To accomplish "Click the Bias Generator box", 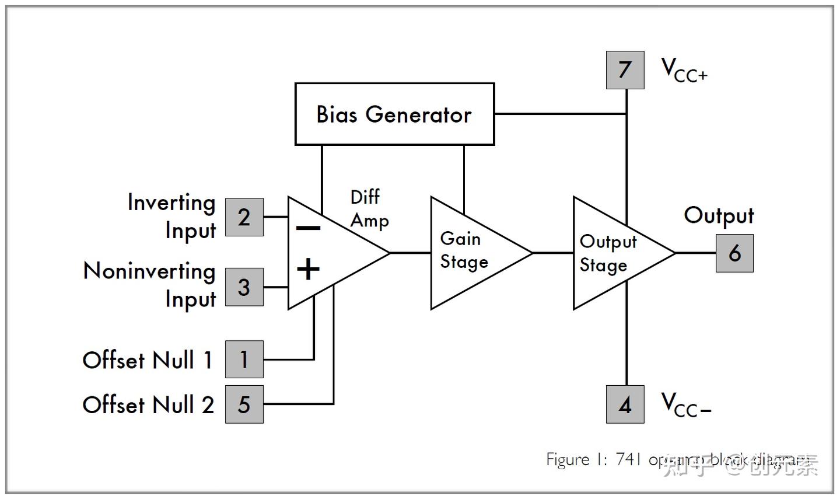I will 394,114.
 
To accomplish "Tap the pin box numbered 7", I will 625,70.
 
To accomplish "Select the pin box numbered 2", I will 244,217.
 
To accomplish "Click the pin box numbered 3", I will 244,287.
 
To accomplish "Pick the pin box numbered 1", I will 244,360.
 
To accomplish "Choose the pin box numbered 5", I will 244,404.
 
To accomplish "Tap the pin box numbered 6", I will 734,253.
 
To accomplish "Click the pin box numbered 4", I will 625,404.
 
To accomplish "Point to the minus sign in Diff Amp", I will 308,228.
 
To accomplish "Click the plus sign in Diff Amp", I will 308,269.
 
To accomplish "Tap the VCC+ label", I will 684,70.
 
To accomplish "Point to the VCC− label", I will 685,404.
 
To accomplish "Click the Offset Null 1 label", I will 147,360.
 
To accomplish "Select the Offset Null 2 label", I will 148,404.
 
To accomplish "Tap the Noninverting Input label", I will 150,285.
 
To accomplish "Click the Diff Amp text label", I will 368,209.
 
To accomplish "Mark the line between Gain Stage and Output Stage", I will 553,253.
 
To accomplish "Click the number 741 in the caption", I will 628,460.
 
